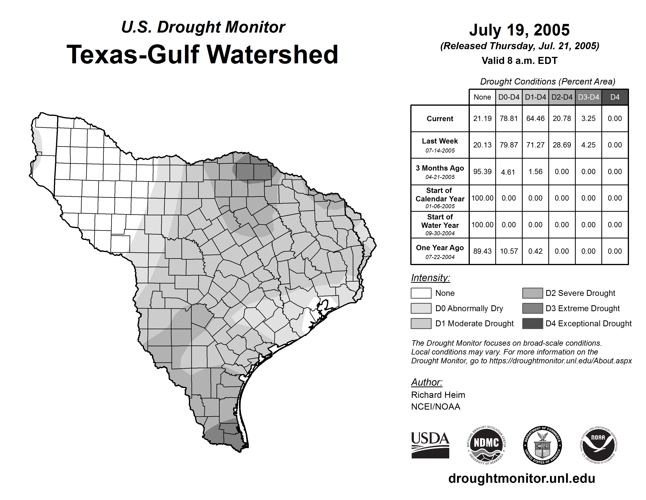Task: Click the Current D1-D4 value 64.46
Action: click(535, 118)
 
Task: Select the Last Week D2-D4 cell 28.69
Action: click(562, 145)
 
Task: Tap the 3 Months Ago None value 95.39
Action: click(482, 172)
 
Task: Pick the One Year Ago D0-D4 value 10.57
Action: click(509, 251)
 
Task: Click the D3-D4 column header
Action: click(588, 97)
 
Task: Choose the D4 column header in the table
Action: click(615, 97)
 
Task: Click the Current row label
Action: click(440, 118)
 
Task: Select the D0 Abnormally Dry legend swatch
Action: click(421, 308)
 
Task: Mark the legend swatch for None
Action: click(421, 293)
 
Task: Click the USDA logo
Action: click(430, 445)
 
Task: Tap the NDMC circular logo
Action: click(486, 445)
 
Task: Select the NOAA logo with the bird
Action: click(598, 445)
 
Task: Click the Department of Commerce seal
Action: click(542, 445)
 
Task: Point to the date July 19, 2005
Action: click(519, 30)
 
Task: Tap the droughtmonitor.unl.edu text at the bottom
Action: click(522, 478)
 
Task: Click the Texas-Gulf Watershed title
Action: click(202, 55)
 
